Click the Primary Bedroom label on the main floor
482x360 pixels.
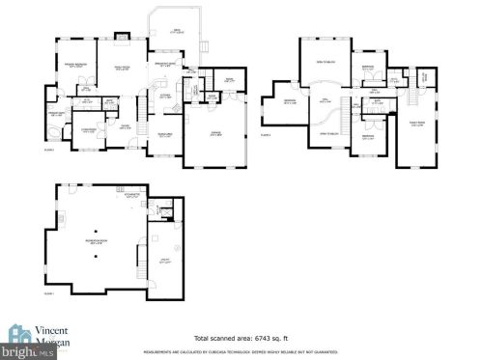coord(76,65)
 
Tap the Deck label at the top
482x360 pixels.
coord(177,32)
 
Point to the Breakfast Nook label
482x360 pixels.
coord(165,66)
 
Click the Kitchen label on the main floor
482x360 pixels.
coord(165,96)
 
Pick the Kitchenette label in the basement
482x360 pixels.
coord(132,195)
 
